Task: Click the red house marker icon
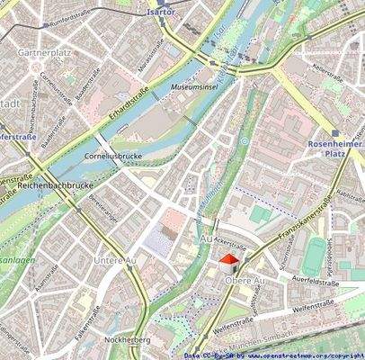229,263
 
